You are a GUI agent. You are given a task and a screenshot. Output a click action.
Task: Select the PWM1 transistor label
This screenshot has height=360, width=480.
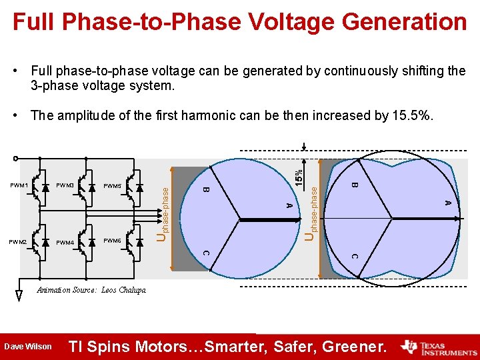point(19,185)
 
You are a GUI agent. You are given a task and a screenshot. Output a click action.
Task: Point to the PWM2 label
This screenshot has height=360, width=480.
point(17,241)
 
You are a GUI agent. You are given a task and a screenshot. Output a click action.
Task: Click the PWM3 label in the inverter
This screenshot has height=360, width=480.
point(65,185)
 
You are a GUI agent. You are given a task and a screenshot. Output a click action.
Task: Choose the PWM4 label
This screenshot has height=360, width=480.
point(65,243)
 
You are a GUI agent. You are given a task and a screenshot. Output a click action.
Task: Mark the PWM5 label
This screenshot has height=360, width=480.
point(113,185)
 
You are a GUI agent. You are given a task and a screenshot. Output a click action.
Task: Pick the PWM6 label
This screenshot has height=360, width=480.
point(113,240)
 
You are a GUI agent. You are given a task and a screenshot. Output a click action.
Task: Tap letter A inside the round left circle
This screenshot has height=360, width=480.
point(288,205)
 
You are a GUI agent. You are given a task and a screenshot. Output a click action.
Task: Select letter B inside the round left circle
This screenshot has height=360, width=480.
point(206,191)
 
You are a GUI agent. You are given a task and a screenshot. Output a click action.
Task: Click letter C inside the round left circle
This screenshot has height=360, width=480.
point(206,253)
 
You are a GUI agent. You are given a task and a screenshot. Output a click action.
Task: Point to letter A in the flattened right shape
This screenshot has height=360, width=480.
point(448,202)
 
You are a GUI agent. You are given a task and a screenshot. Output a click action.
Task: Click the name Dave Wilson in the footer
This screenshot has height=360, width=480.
point(28,347)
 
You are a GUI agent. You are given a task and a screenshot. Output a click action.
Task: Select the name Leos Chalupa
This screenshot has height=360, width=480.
point(123,290)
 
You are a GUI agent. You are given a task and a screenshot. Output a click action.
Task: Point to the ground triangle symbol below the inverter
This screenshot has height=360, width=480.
point(19,296)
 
